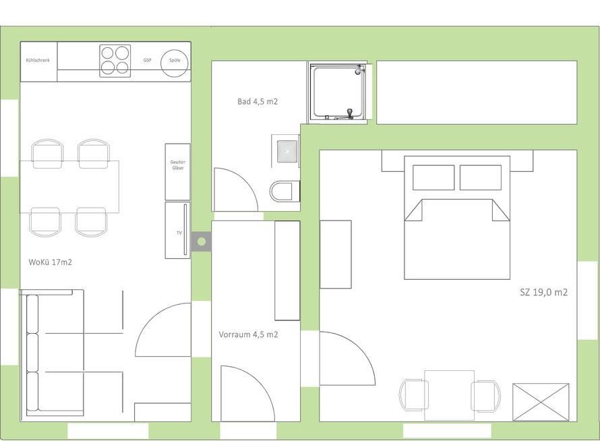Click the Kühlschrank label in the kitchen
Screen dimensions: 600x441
tap(38, 60)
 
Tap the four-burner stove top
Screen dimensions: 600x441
tap(115, 61)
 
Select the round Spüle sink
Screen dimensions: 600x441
tap(175, 63)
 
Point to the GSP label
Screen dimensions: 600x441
tap(148, 61)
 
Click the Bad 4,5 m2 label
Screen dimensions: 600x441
tap(258, 101)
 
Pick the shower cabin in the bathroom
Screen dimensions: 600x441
tap(337, 92)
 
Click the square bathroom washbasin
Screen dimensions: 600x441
tap(287, 151)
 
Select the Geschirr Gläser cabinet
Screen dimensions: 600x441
tap(177, 171)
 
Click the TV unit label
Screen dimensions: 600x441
tap(179, 233)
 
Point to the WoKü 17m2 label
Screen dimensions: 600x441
tap(50, 262)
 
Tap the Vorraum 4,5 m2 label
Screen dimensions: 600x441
tap(248, 334)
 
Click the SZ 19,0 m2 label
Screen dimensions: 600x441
tap(544, 292)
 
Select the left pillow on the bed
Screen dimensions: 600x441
tap(433, 177)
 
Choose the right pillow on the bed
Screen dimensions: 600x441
tap(481, 177)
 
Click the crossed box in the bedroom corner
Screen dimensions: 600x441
tap(541, 402)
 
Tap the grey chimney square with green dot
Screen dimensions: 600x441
tap(202, 241)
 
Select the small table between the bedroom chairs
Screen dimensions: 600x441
tap(449, 395)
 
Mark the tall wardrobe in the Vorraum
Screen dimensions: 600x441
tap(287, 270)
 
